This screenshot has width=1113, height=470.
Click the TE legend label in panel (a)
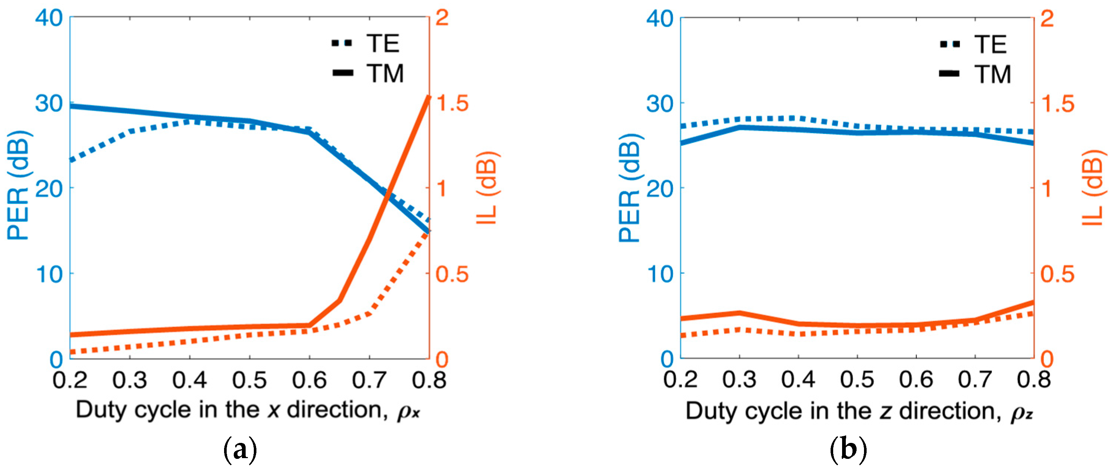[x=383, y=43]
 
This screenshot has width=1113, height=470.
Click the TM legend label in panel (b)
[x=993, y=74]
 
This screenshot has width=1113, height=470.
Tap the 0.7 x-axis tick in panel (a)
[x=369, y=380]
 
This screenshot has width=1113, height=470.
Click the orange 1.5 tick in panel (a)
[x=452, y=104]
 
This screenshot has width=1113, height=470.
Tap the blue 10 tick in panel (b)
[x=660, y=274]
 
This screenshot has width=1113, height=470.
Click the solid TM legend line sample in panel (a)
[x=343, y=73]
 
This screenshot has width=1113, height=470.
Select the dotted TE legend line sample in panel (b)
[x=950, y=44]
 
